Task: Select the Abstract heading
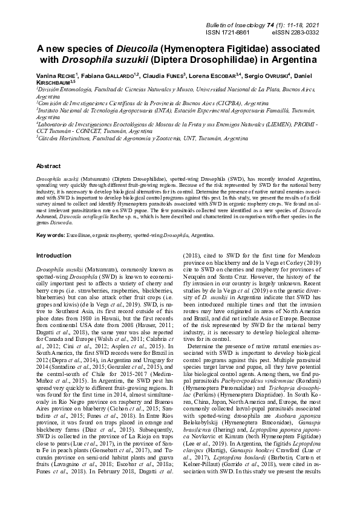click(48, 165)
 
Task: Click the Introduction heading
click(55, 255)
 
